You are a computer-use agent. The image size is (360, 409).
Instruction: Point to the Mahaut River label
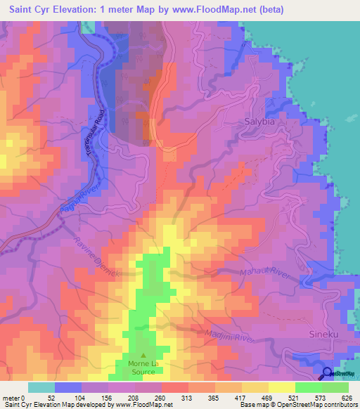click(x=265, y=276)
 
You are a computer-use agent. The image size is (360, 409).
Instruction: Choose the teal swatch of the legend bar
click(x=41, y=387)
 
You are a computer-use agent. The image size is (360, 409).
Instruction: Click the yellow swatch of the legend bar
click(x=281, y=387)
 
